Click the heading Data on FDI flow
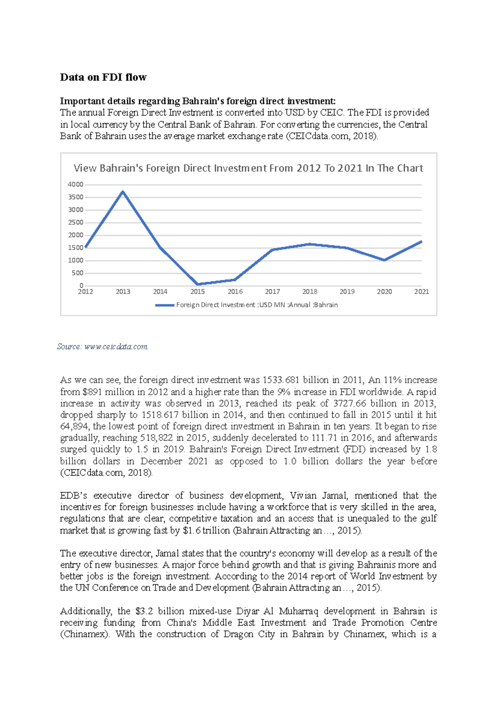(103, 77)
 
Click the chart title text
(248, 168)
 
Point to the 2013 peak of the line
(123, 192)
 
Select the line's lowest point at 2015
(198, 284)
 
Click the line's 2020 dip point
(384, 260)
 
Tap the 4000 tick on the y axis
(75, 184)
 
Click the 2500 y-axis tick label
(75, 222)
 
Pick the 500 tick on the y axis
(77, 273)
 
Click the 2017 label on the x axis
(272, 291)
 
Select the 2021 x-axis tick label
(421, 291)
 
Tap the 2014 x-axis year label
(160, 291)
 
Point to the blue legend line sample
(164, 305)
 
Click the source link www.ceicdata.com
(116, 347)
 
